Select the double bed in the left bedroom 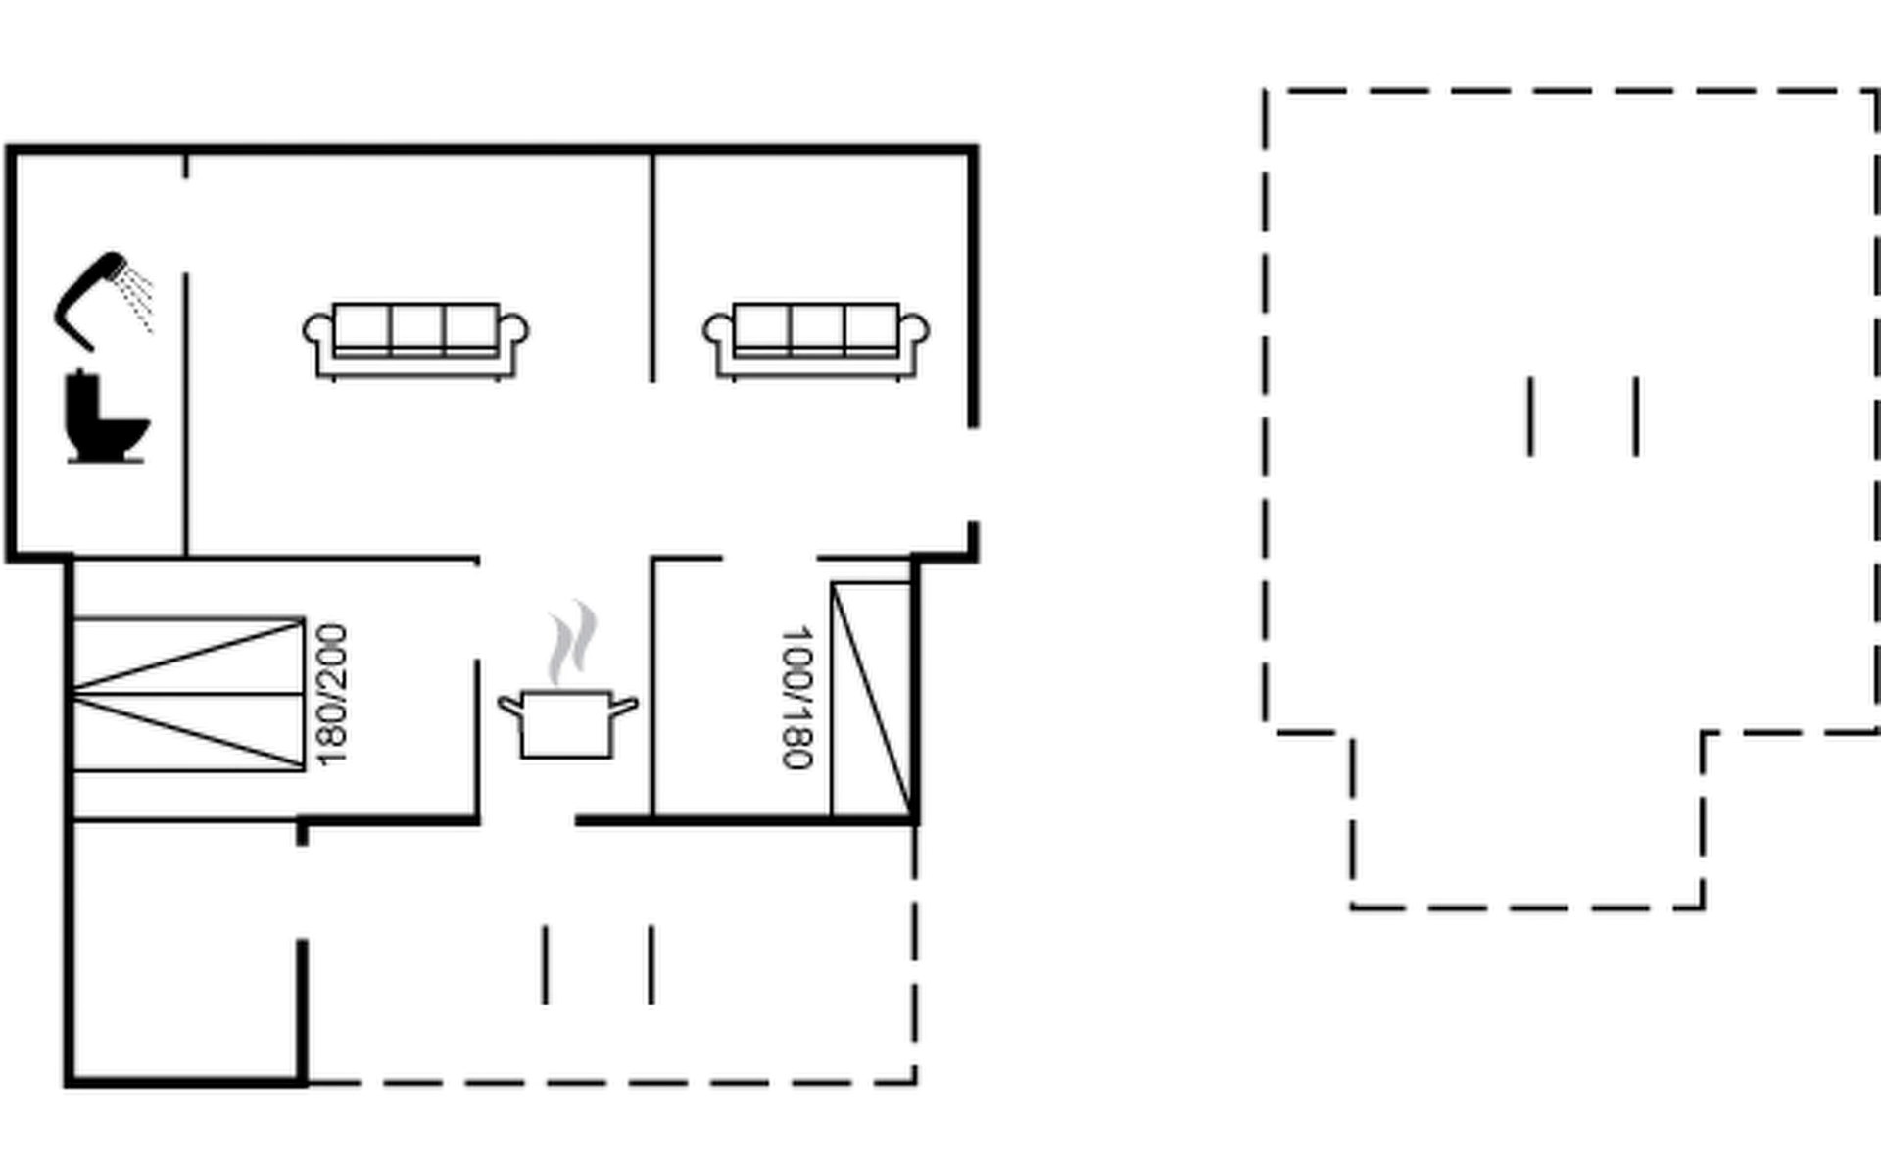coord(188,695)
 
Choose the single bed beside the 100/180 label coord(871,699)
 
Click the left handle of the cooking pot coord(510,705)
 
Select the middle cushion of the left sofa coord(417,326)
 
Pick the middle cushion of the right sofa coord(816,326)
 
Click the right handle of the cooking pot coord(625,705)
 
